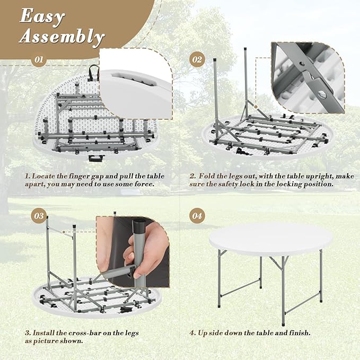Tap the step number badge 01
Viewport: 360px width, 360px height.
pyautogui.click(x=39, y=60)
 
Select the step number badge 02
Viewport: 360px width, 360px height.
pyautogui.click(x=197, y=60)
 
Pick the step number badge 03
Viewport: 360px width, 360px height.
pyautogui.click(x=39, y=216)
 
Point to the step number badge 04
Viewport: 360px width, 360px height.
pyautogui.click(x=197, y=216)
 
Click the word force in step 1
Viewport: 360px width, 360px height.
pyautogui.click(x=144, y=184)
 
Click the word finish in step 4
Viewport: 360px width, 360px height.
pyautogui.click(x=301, y=333)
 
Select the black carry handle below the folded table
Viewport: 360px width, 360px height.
pyautogui.click(x=96, y=157)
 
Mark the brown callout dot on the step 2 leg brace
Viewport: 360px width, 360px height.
pyautogui.click(x=256, y=107)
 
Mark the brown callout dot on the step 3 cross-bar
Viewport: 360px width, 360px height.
pyautogui.click(x=64, y=232)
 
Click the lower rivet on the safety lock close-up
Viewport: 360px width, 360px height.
pyautogui.click(x=322, y=94)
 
